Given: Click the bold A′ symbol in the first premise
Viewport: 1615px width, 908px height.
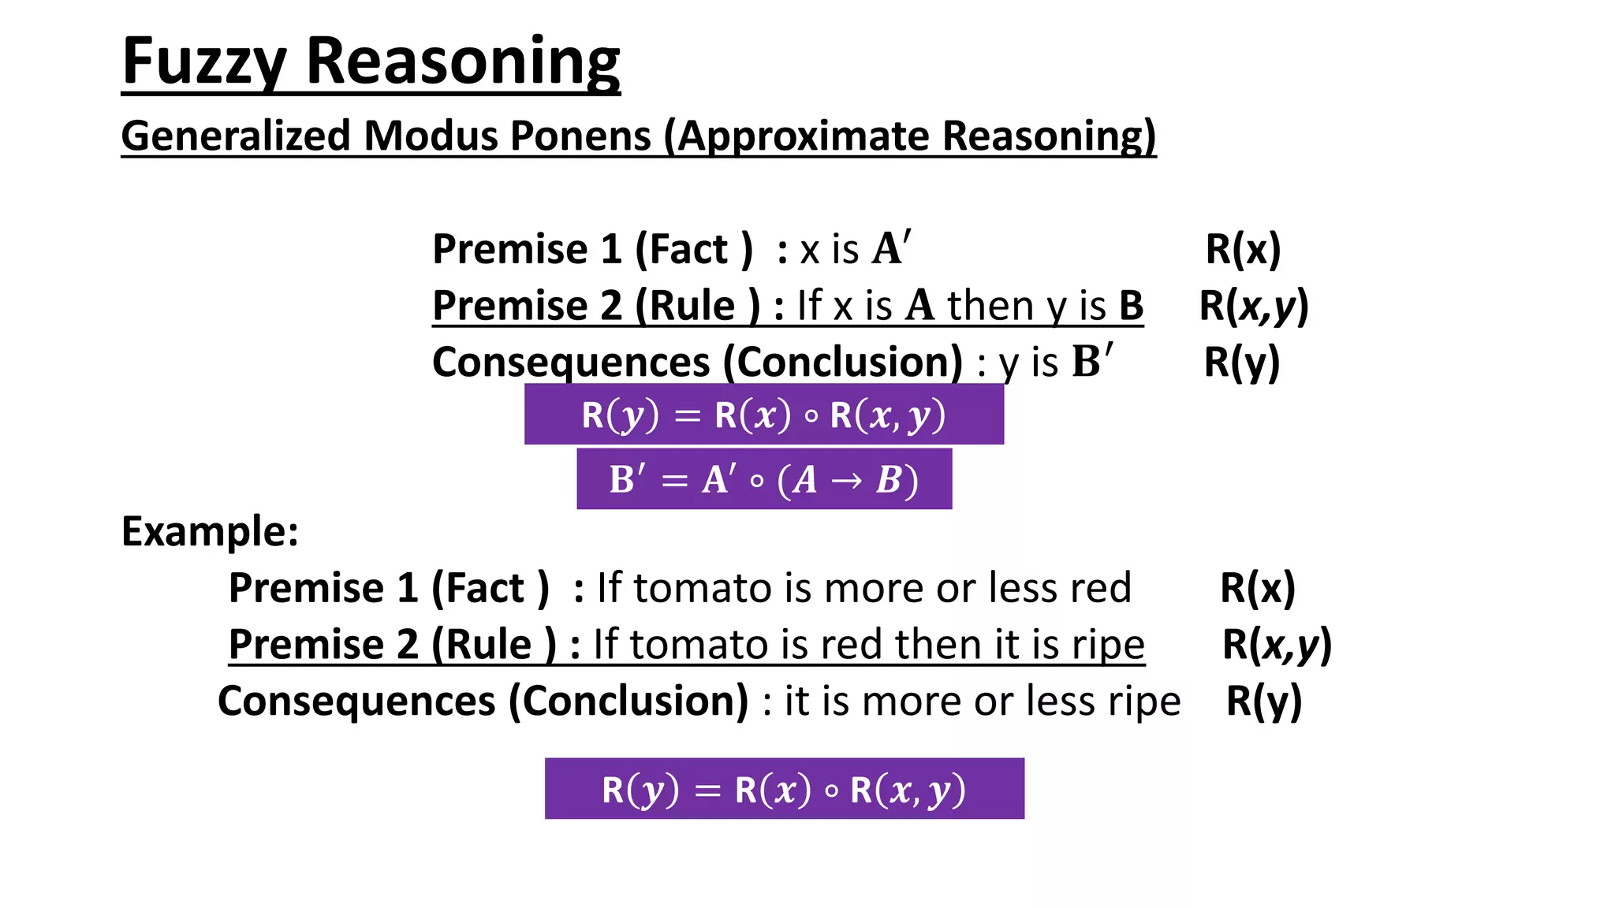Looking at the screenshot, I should pos(891,248).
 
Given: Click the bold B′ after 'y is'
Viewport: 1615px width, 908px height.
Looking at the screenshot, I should pos(1092,362).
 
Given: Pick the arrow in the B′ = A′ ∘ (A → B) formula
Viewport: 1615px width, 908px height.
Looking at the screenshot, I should pos(846,480).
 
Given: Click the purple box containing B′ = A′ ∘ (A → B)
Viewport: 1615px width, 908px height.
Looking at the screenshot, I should pos(763,479).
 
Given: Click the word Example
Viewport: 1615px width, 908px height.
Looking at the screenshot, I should pos(210,531).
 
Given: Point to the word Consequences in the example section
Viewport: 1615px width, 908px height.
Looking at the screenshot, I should pos(356,701).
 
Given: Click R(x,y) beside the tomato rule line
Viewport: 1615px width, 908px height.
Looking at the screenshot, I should pos(1276,645).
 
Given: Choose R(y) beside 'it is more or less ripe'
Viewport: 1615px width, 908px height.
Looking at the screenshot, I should pos(1263,701).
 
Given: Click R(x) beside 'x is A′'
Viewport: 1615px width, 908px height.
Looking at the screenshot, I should pos(1243,249).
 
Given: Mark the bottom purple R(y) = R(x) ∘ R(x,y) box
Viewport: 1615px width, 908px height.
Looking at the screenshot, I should pos(784,789).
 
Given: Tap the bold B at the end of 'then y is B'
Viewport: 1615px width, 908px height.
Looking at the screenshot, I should pos(1131,306).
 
